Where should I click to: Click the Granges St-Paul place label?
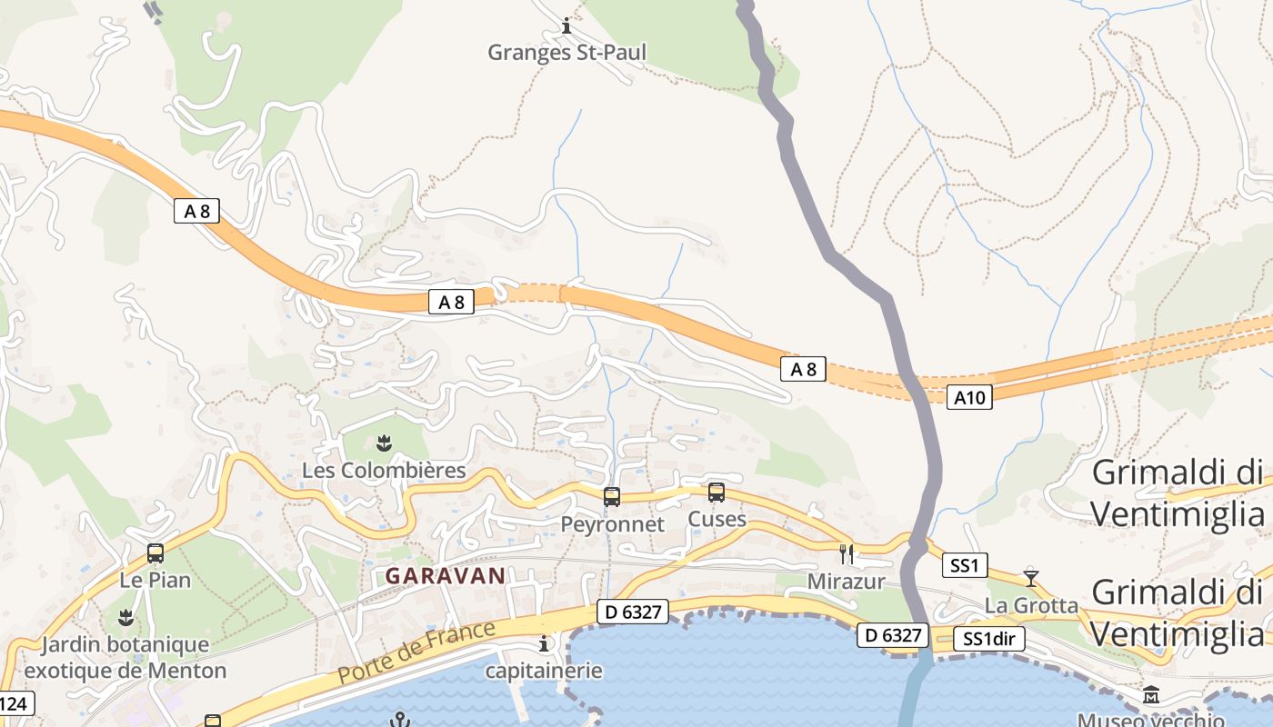point(566,53)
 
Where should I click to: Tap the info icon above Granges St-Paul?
point(566,26)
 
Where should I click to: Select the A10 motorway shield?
point(968,397)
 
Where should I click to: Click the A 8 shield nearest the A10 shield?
point(803,369)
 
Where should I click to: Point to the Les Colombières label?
point(384,471)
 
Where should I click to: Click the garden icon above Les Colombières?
point(383,443)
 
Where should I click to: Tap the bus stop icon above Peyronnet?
point(612,497)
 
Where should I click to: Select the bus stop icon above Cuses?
point(717,493)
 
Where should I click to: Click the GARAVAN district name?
point(445,576)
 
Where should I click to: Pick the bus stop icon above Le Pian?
point(155,553)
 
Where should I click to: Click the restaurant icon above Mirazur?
point(847,553)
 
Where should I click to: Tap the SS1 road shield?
point(964,566)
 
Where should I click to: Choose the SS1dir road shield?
point(989,640)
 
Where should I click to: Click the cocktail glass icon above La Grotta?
point(1031,578)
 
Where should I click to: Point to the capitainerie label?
point(544,671)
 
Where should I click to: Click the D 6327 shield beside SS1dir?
point(894,636)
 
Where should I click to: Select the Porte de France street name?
point(416,652)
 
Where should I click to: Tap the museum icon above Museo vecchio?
point(1151,696)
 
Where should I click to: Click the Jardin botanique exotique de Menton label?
point(125,658)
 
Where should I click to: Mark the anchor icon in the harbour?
point(398,720)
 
